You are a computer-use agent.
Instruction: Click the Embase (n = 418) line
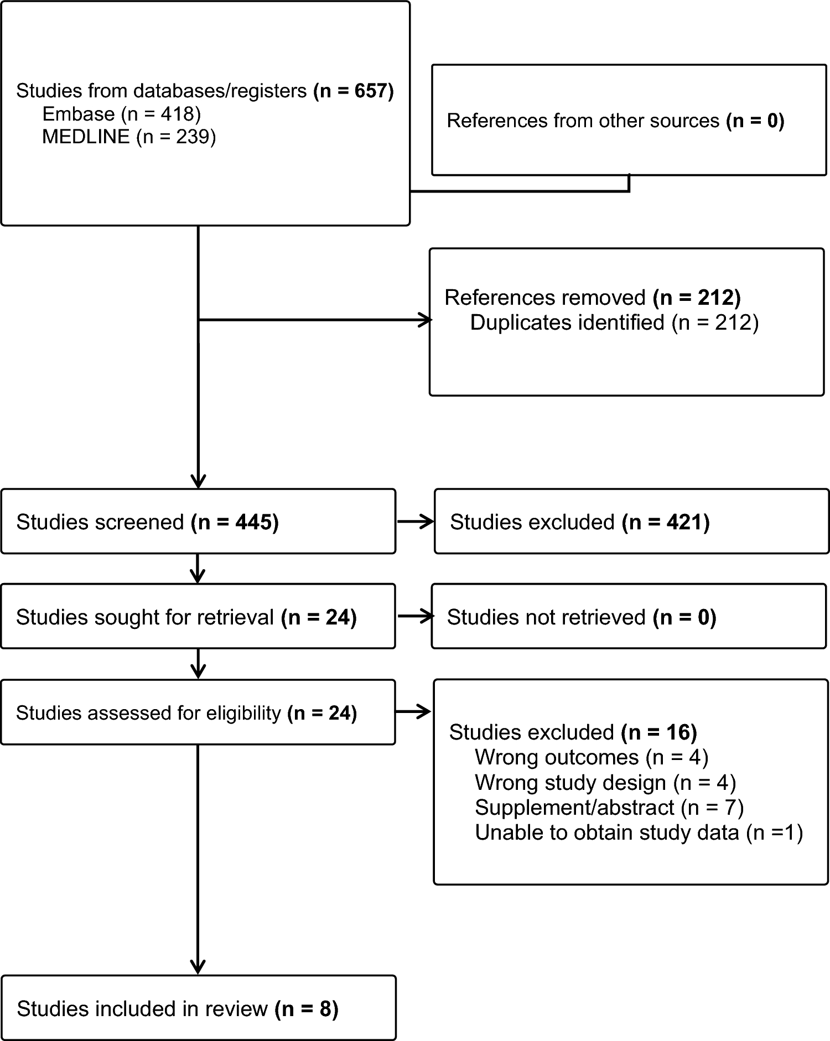pyautogui.click(x=121, y=114)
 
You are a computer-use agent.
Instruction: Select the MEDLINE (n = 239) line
pyautogui.click(x=128, y=137)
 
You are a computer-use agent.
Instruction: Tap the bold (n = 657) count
pyautogui.click(x=353, y=91)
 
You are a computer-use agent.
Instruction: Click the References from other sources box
pyautogui.click(x=629, y=121)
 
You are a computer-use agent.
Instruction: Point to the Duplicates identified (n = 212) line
pyautogui.click(x=614, y=322)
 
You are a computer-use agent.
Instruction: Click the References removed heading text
pyautogui.click(x=545, y=298)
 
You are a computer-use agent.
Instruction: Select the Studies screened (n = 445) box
pyautogui.click(x=198, y=522)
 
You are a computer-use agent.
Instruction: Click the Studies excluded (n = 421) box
pyautogui.click(x=631, y=522)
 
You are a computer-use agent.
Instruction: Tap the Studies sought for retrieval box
pyautogui.click(x=198, y=617)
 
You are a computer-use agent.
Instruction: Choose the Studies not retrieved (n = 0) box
pyautogui.click(x=629, y=617)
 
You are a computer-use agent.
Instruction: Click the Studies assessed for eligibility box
pyautogui.click(x=198, y=712)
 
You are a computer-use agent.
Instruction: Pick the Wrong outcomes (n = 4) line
pyautogui.click(x=591, y=757)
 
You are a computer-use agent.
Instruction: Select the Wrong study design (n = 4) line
pyautogui.click(x=605, y=783)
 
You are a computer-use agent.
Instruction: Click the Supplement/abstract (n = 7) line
pyautogui.click(x=609, y=808)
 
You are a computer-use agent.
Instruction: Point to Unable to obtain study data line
pyautogui.click(x=638, y=832)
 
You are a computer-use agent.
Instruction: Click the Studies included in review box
pyautogui.click(x=198, y=1008)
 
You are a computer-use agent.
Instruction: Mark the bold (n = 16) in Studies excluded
pyautogui.click(x=658, y=732)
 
